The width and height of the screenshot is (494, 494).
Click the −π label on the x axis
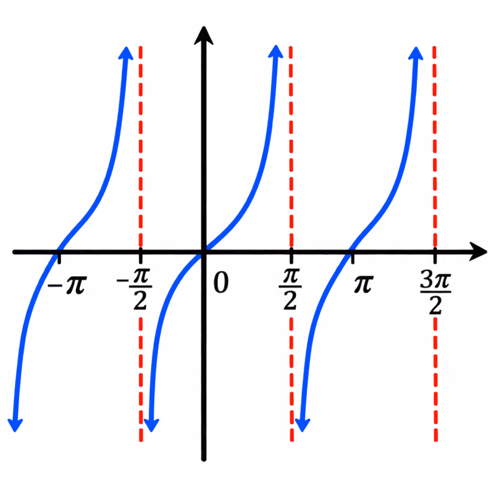[67, 285]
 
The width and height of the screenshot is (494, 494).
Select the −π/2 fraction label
[135, 289]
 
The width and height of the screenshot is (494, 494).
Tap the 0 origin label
[221, 283]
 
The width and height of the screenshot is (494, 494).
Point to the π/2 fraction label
[290, 289]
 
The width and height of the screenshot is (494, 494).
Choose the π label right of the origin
[364, 284]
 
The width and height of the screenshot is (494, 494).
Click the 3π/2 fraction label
[435, 293]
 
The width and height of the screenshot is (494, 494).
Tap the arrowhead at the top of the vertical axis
[204, 35]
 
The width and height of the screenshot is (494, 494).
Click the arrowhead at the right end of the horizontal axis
[478, 252]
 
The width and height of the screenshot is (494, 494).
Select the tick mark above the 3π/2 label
[435, 256]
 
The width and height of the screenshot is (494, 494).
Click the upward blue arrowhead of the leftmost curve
[126, 53]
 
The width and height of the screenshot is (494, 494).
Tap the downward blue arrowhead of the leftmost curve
[15, 425]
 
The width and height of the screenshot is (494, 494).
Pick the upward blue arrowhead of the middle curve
[275, 51]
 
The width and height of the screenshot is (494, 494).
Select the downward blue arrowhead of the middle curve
[151, 425]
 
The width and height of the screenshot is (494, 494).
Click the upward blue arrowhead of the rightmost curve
[416, 53]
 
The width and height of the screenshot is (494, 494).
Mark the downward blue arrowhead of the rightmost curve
[303, 425]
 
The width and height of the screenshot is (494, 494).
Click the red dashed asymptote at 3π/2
[435, 244]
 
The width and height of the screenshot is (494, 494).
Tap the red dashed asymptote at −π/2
[141, 244]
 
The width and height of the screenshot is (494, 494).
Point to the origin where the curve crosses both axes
[204, 252]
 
